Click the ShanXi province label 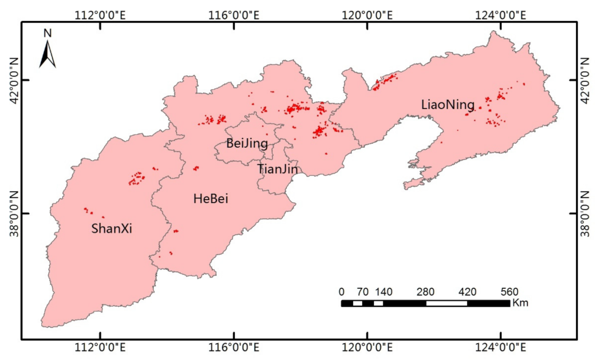pyautogui.click(x=112, y=228)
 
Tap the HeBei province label pyautogui.click(x=211, y=199)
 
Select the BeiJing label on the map pyautogui.click(x=247, y=144)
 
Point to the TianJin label pyautogui.click(x=278, y=169)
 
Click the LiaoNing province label pyautogui.click(x=448, y=105)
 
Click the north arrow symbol pyautogui.click(x=47, y=54)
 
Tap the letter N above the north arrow pyautogui.click(x=47, y=33)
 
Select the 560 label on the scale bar pyautogui.click(x=509, y=292)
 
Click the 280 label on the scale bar pyautogui.click(x=426, y=292)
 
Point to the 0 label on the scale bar pyautogui.click(x=341, y=292)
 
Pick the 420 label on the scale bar pyautogui.click(x=467, y=292)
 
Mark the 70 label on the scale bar pyautogui.click(x=362, y=292)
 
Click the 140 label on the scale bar pyautogui.click(x=383, y=292)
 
